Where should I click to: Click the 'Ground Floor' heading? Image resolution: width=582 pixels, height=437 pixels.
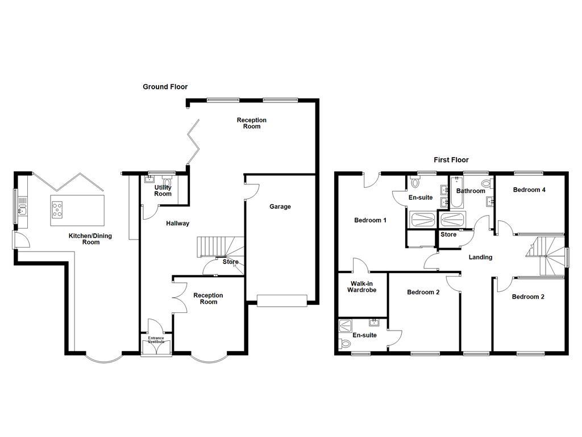[x=165, y=87]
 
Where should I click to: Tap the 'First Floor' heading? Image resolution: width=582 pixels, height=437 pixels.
[x=451, y=160]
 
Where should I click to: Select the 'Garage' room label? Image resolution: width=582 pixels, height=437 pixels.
[x=280, y=207]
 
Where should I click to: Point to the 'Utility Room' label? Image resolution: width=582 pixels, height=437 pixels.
[x=163, y=191]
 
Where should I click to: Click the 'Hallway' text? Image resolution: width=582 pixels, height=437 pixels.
[x=177, y=224]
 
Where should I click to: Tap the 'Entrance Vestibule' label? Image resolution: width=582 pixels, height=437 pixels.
[x=156, y=340]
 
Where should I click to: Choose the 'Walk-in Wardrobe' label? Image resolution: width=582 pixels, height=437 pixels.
[x=362, y=286]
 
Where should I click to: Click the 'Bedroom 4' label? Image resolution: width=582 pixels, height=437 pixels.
[x=529, y=190]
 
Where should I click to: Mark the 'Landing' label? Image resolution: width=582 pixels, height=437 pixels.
[x=480, y=257]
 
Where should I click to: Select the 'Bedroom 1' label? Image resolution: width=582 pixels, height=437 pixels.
[x=370, y=220]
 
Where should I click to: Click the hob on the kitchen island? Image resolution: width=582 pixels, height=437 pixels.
[x=58, y=210]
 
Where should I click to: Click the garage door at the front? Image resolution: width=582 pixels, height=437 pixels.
[x=282, y=300]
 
